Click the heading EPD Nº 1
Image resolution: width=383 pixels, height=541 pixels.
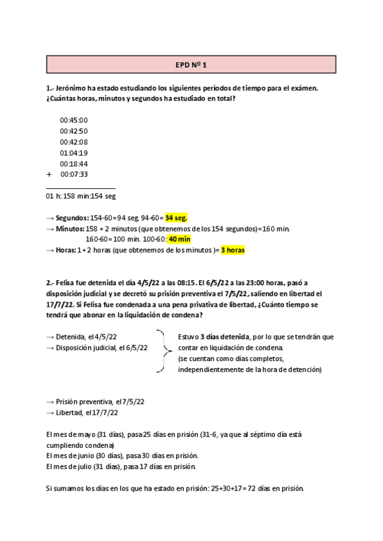(x=191, y=64)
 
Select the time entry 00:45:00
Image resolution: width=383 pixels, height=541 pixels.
(x=74, y=120)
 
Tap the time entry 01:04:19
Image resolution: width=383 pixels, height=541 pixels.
(x=74, y=152)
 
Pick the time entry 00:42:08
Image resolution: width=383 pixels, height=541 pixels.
(x=74, y=142)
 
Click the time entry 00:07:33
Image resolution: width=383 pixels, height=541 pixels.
(x=74, y=174)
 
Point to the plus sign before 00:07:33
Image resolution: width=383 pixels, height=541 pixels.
(x=49, y=174)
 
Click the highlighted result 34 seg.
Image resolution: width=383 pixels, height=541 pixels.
(x=176, y=218)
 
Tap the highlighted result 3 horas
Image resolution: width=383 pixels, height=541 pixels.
(x=233, y=250)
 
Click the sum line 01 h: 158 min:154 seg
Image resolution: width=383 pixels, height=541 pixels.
(x=81, y=196)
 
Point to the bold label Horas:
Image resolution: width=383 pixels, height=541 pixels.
(x=66, y=250)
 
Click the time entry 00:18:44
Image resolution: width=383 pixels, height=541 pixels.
(x=74, y=163)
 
